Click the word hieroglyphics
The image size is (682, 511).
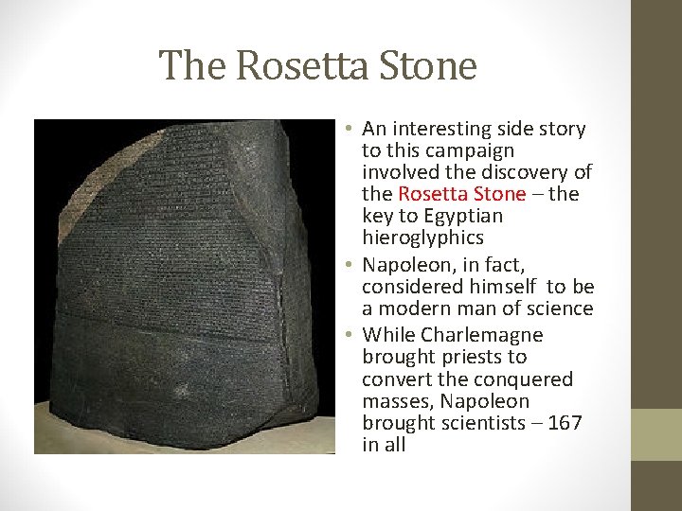(x=422, y=238)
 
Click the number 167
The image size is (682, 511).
(x=565, y=422)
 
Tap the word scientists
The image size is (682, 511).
(x=489, y=422)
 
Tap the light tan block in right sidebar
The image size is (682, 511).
(x=656, y=434)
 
